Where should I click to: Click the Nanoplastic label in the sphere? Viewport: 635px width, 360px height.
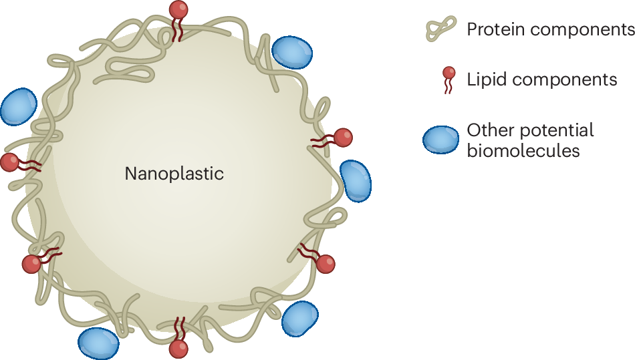(174, 174)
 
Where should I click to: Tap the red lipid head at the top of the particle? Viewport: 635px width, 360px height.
(178, 9)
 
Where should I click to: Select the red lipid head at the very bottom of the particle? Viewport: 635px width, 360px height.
(178, 349)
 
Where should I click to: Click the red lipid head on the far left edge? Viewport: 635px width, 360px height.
(10, 162)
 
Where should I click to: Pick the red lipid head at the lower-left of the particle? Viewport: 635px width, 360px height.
(31, 264)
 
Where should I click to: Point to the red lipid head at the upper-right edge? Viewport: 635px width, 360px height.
(343, 138)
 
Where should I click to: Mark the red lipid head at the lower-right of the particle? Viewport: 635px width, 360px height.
(326, 264)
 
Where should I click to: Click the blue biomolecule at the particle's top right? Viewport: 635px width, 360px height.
(292, 51)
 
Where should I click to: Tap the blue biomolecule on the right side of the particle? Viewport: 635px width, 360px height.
(356, 180)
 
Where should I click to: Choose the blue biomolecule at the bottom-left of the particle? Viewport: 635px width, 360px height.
(98, 343)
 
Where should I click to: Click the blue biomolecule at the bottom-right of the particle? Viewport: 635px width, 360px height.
(299, 319)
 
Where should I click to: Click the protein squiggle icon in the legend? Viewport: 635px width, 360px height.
(442, 29)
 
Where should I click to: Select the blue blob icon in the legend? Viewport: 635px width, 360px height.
(440, 139)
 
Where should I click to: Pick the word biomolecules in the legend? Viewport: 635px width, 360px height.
(523, 150)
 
